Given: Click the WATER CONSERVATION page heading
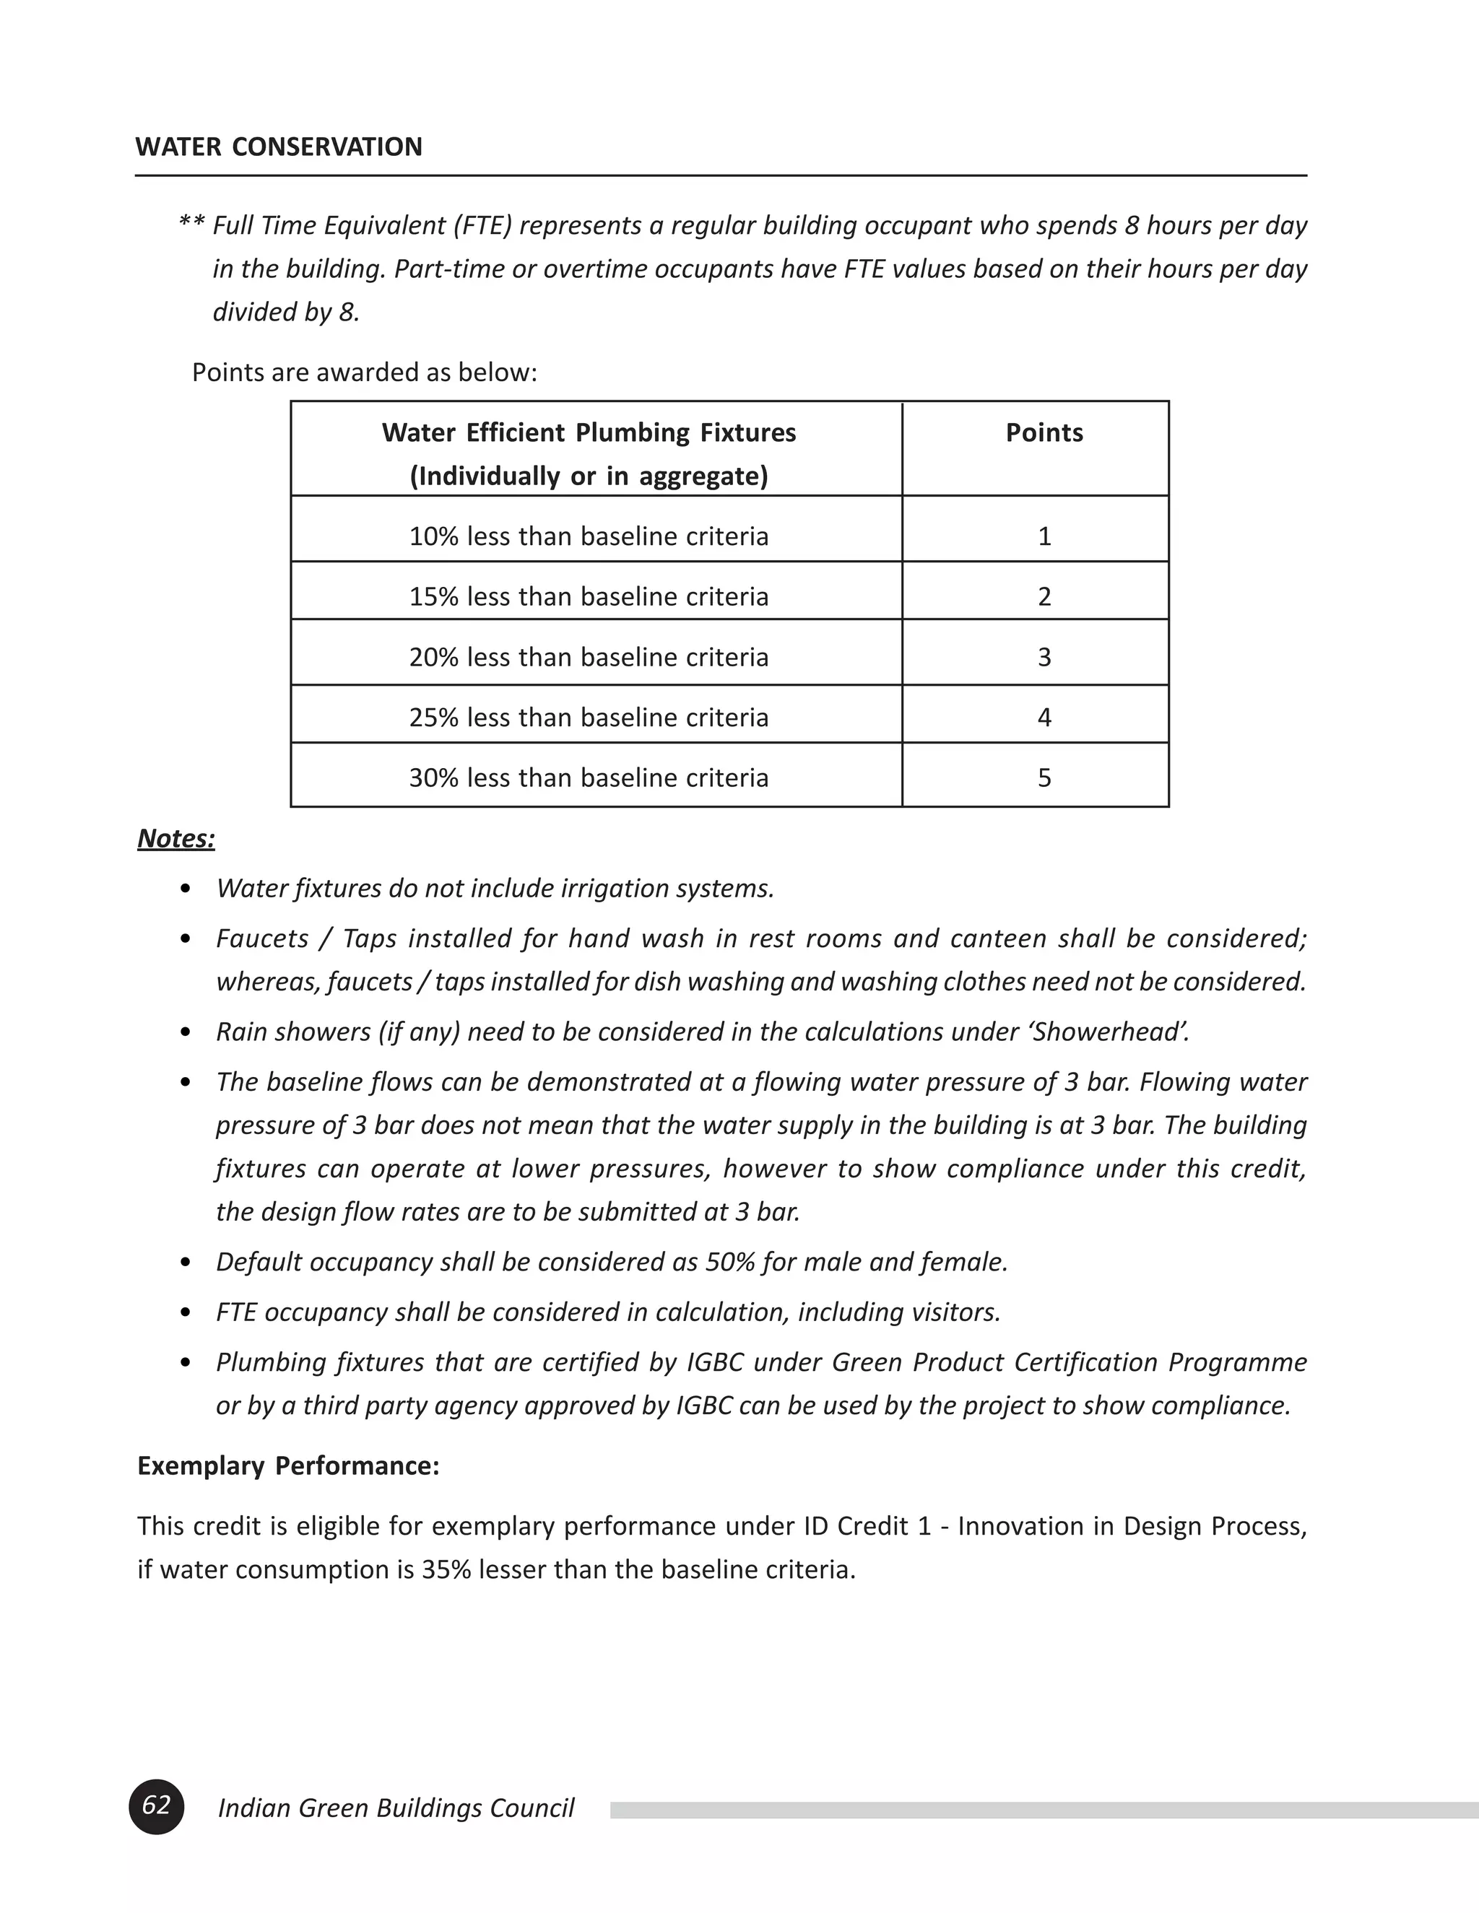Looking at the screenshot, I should point(279,147).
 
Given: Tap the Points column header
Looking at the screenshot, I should point(1044,432).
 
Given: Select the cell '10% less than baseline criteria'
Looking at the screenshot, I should point(588,536).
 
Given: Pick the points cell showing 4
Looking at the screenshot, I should point(1044,718).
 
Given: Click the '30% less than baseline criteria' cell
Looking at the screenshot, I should point(588,777).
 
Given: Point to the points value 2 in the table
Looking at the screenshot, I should point(1044,596).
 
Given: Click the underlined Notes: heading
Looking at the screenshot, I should point(176,838).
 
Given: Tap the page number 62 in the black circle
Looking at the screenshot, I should point(156,1806).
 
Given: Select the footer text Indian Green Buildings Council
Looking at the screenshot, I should point(395,1808).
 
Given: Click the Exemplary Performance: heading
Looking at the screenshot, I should point(288,1466).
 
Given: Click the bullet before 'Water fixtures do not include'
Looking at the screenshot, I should point(185,890).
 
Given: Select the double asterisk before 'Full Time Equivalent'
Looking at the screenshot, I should point(192,225).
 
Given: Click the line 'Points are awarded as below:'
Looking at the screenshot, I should point(365,372).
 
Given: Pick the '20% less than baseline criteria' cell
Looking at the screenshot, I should point(588,657).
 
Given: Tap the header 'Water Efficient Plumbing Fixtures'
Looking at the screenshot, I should point(588,432).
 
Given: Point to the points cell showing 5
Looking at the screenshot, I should point(1044,777).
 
